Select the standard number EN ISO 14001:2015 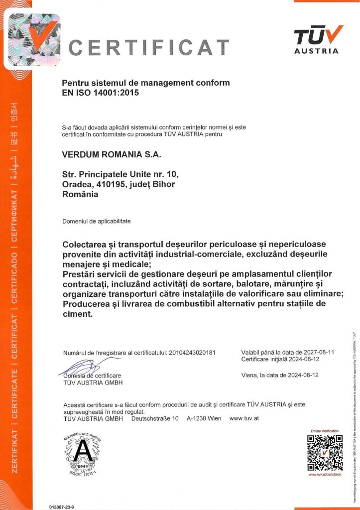click(100, 92)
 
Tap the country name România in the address click(80, 194)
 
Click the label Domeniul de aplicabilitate click(97, 221)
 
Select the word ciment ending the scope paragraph click(77, 314)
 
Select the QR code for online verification click(325, 453)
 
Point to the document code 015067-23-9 click(62, 506)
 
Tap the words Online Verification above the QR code click(325, 431)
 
